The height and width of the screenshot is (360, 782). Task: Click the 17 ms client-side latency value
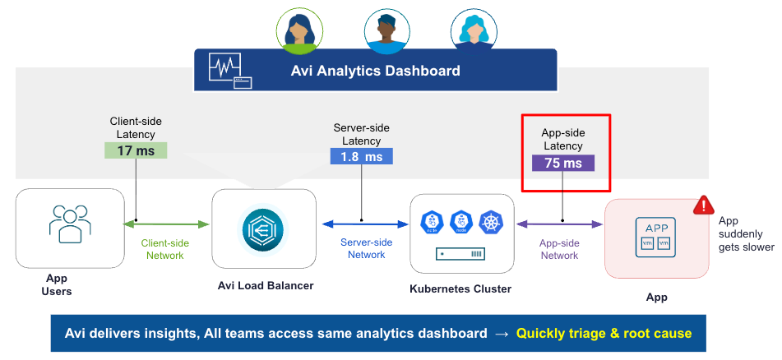(x=136, y=150)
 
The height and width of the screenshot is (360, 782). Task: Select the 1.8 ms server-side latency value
(x=361, y=156)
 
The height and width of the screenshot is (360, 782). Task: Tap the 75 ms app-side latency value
(x=563, y=163)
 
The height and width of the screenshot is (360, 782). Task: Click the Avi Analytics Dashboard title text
(x=375, y=71)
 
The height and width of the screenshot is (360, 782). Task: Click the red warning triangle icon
(x=703, y=205)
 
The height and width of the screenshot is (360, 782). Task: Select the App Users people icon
(x=70, y=223)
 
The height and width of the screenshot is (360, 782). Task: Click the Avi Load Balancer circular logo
(x=263, y=229)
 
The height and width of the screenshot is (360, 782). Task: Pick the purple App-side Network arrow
(x=559, y=223)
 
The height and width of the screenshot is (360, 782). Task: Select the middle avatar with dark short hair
(x=386, y=30)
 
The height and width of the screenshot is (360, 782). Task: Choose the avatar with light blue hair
(x=474, y=30)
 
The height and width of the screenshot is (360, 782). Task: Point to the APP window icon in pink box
(x=656, y=233)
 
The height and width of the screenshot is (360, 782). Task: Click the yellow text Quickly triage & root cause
(x=604, y=333)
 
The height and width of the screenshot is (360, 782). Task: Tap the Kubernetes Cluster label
(x=460, y=288)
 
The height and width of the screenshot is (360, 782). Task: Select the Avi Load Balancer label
(x=263, y=286)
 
